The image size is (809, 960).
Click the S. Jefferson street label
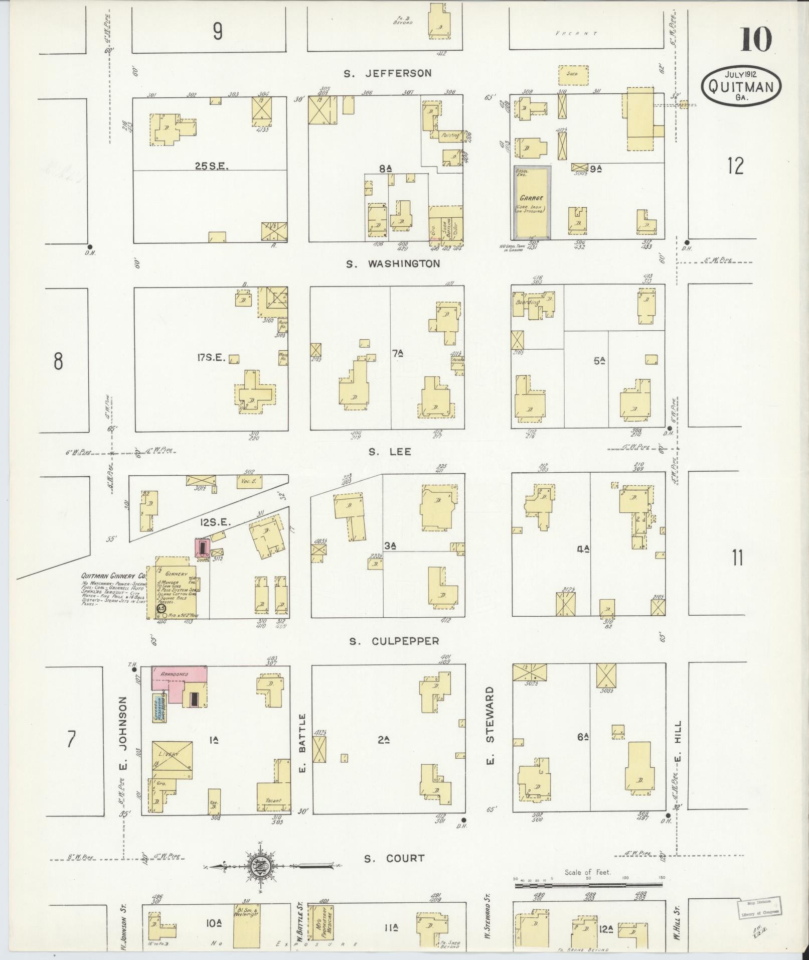click(x=387, y=73)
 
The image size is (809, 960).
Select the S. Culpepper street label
click(x=394, y=641)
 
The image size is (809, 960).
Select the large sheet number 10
click(x=755, y=40)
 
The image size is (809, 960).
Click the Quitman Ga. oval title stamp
click(x=741, y=86)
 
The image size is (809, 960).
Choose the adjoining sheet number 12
click(x=735, y=166)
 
